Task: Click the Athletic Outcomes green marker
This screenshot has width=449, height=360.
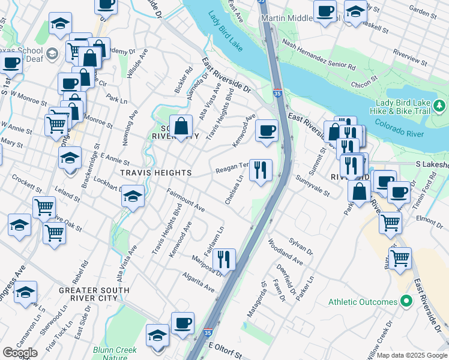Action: pos(406,301)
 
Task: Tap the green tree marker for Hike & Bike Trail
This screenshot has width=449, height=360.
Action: pos(440,106)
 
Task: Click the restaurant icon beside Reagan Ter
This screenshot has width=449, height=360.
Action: pos(260,170)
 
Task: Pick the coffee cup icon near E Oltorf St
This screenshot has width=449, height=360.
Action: pos(183,323)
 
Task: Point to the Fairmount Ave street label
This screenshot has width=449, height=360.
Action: pos(186,201)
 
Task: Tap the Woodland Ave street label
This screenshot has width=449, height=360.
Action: pos(286,252)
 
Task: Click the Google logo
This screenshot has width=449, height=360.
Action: pos(20,353)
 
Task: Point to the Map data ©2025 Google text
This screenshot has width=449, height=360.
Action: pos(412,355)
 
